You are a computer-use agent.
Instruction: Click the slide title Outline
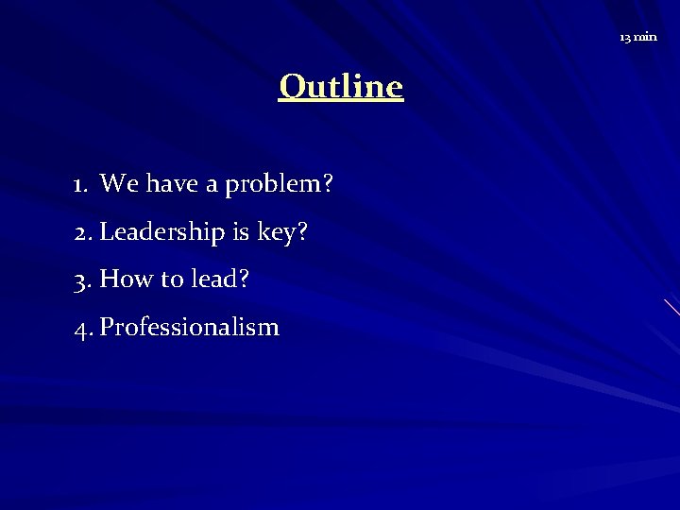341,87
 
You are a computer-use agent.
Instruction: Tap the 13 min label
638,37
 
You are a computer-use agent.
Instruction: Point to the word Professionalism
189,328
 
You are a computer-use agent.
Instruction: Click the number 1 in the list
79,184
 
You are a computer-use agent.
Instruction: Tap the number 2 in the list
81,232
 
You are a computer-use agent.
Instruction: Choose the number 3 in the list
81,280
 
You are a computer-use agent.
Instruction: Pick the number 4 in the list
81,329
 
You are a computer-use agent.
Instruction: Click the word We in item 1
115,184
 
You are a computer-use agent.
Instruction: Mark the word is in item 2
227,232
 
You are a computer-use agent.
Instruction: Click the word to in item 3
168,280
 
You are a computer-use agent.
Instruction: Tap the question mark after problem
327,184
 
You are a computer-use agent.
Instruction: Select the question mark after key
302,232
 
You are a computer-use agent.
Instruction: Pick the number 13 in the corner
625,37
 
